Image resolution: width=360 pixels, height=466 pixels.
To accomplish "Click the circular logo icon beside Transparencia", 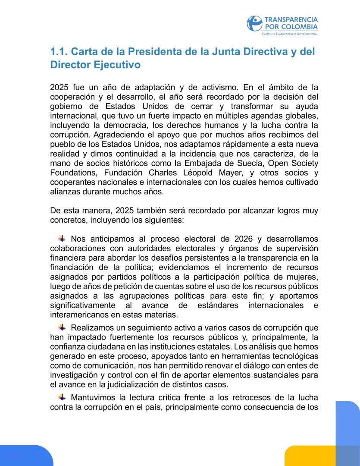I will click(254, 24).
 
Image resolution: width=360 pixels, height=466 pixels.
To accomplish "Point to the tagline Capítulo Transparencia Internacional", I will click(290, 34).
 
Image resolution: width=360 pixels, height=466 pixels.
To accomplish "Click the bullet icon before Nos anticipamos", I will click(62, 238).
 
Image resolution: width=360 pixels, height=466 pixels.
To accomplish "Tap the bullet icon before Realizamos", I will click(62, 327).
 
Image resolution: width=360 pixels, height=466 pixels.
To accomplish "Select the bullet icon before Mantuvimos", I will click(62, 397).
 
